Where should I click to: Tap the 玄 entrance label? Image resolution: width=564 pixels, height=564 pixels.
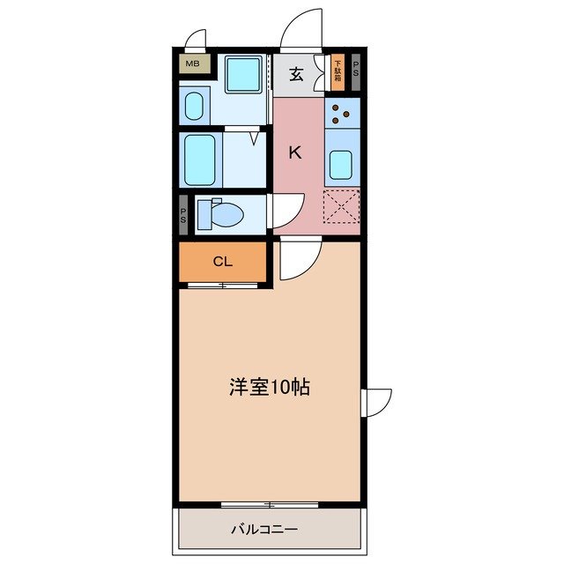(x=297, y=74)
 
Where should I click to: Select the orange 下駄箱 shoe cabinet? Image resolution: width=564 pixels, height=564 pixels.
(x=338, y=72)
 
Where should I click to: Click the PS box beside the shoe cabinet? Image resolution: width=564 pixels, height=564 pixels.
(x=356, y=71)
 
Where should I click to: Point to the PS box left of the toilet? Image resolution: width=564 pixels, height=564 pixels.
(x=183, y=214)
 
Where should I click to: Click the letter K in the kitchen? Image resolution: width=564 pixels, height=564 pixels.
(x=296, y=152)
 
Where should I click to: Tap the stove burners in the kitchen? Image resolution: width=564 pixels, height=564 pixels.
(x=342, y=112)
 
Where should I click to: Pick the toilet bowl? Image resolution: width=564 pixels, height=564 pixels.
(x=224, y=213)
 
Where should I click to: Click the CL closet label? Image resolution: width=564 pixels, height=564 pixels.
(x=222, y=261)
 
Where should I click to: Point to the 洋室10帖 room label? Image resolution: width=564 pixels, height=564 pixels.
(x=270, y=387)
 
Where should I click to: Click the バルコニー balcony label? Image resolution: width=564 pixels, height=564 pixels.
(x=264, y=531)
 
